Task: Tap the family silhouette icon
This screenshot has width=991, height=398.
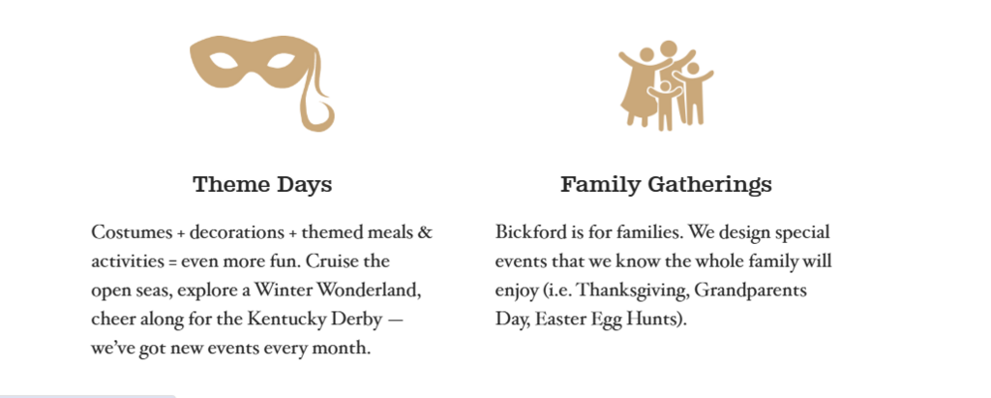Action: [x=666, y=85]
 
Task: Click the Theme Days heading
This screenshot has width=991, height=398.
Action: [x=262, y=185]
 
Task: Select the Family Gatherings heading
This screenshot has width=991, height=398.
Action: [x=666, y=185]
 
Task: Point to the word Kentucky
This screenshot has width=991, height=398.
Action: [x=285, y=319]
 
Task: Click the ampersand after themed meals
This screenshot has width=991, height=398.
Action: [x=425, y=232]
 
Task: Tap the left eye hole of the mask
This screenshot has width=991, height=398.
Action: [x=224, y=61]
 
